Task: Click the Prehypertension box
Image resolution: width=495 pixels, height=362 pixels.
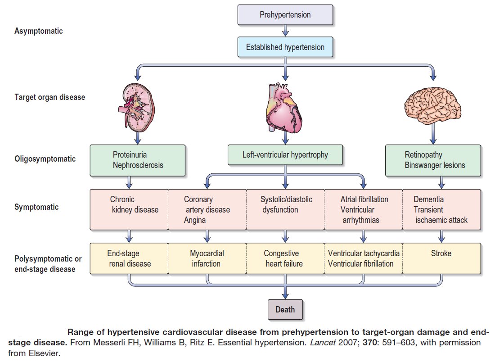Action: pos(285,15)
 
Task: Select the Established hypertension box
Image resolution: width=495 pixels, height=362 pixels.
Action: pos(285,47)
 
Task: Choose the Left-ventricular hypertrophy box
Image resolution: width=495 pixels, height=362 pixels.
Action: pos(285,155)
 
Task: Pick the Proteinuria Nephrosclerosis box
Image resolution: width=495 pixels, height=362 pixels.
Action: pos(137,160)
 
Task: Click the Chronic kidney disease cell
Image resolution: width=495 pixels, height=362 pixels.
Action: pos(129,209)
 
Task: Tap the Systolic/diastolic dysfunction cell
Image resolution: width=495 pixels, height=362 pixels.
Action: pos(285,209)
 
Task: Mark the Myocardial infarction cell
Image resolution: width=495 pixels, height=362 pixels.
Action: pos(207,258)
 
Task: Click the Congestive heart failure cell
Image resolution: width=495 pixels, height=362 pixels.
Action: pos(285,258)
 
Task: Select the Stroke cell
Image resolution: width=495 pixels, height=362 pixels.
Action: pos(441,258)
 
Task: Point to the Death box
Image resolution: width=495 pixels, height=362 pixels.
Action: pos(285,309)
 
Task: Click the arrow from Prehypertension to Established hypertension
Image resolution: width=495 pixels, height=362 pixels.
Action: pos(285,31)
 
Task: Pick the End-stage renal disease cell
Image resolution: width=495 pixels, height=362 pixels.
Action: pos(129,258)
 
